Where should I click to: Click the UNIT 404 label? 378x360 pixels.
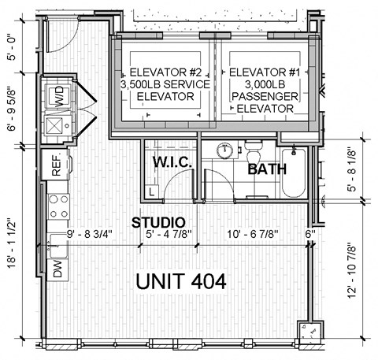(181, 281)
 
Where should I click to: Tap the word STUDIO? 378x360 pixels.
(158, 223)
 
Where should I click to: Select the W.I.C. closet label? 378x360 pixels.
(172, 162)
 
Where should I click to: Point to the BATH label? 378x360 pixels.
(267, 169)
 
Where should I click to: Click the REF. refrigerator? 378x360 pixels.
(56, 165)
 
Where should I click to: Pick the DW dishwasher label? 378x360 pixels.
(57, 269)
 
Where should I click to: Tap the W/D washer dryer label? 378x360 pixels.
(59, 96)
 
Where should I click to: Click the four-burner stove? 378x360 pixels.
(58, 206)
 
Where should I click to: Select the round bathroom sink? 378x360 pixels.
(225, 150)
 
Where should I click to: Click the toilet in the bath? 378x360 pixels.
(254, 153)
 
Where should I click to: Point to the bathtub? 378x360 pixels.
(294, 173)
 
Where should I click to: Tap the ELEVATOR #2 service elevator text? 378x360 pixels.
(165, 84)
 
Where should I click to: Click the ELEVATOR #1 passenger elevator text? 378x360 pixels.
(265, 90)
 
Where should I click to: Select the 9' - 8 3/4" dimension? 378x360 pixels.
(90, 234)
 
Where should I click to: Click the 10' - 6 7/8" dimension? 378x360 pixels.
(253, 234)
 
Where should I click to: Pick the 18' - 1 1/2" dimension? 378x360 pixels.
(13, 243)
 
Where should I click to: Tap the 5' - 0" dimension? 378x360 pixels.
(13, 48)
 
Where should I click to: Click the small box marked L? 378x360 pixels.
(152, 191)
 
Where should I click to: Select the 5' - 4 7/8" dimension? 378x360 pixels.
(169, 234)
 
